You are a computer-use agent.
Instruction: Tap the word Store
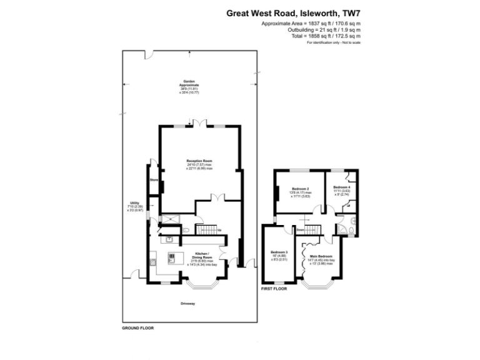click(x=153, y=180)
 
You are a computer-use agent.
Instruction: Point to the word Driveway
click(x=189, y=304)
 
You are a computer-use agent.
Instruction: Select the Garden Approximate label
click(x=188, y=82)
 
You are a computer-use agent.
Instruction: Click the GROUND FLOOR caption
click(x=137, y=327)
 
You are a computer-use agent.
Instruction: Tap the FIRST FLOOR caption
click(x=273, y=289)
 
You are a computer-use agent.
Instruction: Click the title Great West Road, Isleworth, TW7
click(x=293, y=12)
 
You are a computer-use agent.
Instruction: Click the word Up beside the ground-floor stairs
click(x=219, y=229)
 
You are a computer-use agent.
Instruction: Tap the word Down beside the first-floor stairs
click(x=300, y=230)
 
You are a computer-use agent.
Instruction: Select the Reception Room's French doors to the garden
click(x=199, y=126)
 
